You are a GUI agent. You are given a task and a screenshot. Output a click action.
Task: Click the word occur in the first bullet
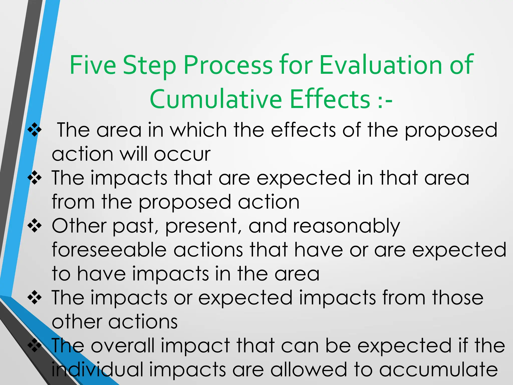tap(182, 154)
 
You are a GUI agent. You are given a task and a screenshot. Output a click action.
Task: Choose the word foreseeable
tap(109, 250)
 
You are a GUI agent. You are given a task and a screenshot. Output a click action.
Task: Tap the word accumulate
tap(438, 370)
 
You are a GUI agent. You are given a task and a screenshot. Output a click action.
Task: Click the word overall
tap(122, 345)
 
